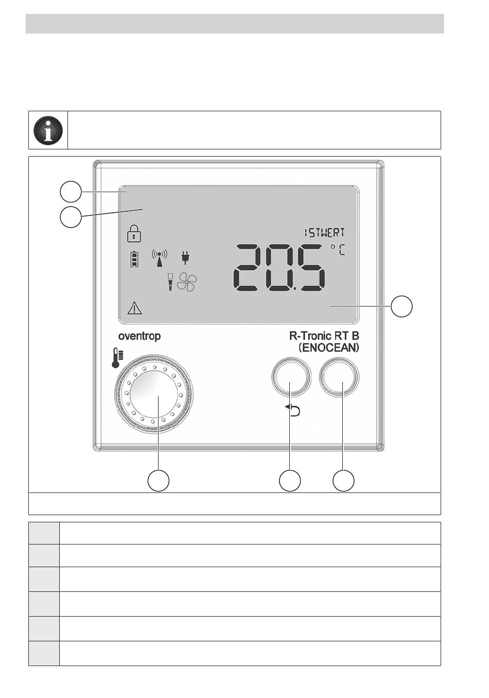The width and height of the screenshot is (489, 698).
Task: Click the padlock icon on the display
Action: (134, 233)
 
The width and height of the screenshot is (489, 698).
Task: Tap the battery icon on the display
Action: (134, 259)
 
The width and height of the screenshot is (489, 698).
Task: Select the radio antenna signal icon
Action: (160, 258)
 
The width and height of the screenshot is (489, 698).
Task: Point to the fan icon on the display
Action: (187, 282)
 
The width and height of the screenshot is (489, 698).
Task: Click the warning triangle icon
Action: (135, 308)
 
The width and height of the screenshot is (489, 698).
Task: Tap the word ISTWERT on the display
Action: (324, 232)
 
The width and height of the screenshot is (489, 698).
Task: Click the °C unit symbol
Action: (338, 250)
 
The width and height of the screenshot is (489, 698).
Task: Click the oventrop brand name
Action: (139, 336)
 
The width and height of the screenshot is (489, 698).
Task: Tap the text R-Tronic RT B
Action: (324, 336)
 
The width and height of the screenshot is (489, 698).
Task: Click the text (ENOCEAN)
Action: (329, 348)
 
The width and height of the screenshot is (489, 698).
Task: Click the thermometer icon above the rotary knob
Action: (117, 357)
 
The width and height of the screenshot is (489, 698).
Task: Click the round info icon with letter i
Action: (48, 130)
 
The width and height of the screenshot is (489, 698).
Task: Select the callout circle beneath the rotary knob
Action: (158, 481)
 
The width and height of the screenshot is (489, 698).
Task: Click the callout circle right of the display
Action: (401, 307)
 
